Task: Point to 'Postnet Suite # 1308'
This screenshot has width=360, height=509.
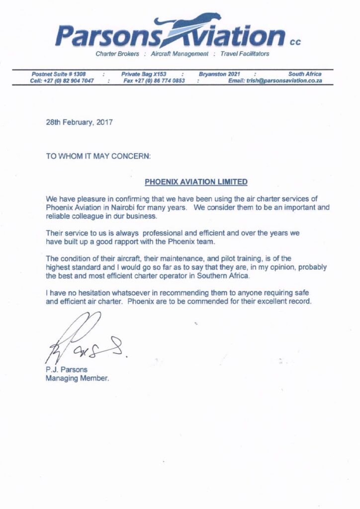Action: point(59,74)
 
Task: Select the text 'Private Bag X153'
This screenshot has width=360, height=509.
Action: point(143,74)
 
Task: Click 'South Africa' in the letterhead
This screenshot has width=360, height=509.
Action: point(305,74)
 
